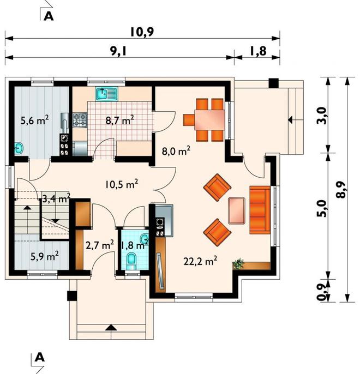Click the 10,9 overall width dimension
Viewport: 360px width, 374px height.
(x=142, y=32)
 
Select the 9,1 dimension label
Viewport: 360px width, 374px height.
(x=118, y=51)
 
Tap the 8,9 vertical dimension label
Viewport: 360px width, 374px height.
(x=341, y=190)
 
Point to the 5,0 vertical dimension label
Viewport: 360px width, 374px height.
(x=321, y=208)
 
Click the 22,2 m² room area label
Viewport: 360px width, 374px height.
(x=200, y=261)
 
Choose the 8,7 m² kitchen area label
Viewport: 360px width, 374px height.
(x=119, y=120)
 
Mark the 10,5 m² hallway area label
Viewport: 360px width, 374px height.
(x=122, y=184)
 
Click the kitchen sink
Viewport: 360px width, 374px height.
(x=107, y=94)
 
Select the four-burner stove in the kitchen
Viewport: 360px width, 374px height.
(x=80, y=120)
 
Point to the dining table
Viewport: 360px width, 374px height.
(x=209, y=120)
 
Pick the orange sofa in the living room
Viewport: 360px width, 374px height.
(x=260, y=210)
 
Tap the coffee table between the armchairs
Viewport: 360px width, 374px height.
(x=237, y=210)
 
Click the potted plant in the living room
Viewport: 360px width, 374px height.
(x=238, y=263)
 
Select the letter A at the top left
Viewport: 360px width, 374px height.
(x=49, y=16)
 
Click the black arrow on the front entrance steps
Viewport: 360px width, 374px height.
(x=111, y=328)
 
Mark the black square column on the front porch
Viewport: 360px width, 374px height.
(x=71, y=295)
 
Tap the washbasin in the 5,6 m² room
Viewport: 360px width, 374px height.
(x=19, y=148)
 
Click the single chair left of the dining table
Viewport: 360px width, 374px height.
(x=189, y=120)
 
